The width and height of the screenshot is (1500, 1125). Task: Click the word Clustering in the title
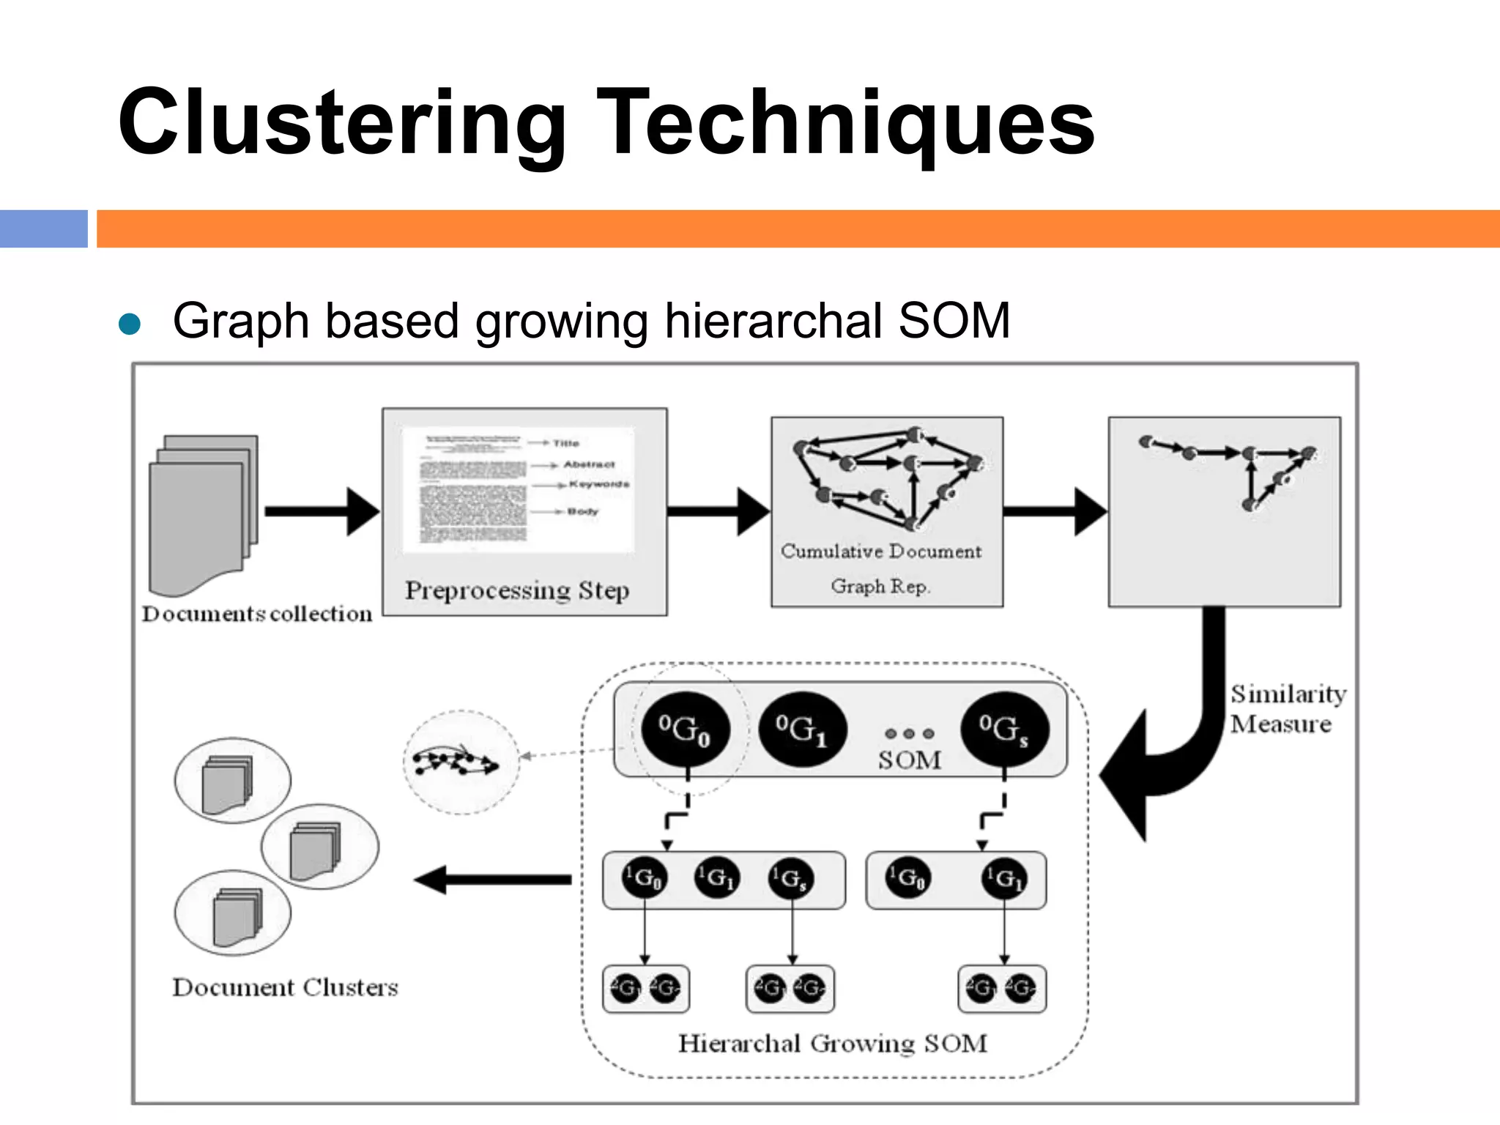click(341, 122)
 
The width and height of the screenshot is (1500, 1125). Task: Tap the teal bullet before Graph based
click(129, 324)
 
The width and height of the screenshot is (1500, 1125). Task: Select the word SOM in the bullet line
click(954, 321)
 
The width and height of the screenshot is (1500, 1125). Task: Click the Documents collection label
click(257, 614)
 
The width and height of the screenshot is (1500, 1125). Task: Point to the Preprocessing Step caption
click(517, 590)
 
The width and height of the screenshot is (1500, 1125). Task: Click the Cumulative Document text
click(880, 552)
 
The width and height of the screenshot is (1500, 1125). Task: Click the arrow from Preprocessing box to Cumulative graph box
click(718, 511)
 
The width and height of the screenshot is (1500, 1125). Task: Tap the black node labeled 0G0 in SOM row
click(685, 729)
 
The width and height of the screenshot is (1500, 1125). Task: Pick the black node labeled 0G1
click(803, 729)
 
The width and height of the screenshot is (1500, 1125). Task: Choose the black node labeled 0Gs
click(1004, 729)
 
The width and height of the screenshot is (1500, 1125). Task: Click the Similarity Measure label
click(1287, 708)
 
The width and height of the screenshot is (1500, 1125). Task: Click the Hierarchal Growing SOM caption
click(832, 1043)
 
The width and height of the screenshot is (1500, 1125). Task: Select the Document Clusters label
click(285, 987)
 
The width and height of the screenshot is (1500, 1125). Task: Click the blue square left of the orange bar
click(43, 229)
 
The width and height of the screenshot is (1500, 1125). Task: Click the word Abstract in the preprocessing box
click(589, 464)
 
